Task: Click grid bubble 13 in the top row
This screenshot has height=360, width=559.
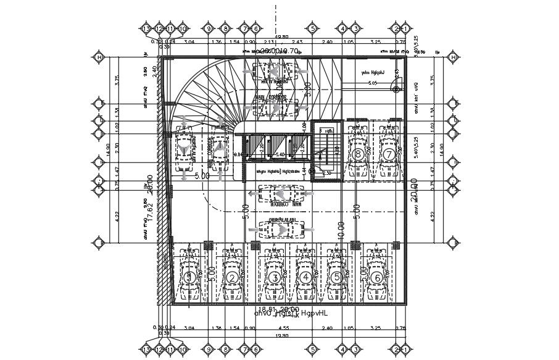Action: pyautogui.click(x=146, y=28)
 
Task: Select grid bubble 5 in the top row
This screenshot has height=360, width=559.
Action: pyautogui.click(x=313, y=28)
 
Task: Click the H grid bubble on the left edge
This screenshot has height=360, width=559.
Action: pyautogui.click(x=99, y=57)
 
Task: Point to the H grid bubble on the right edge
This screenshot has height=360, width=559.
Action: pyautogui.click(x=453, y=57)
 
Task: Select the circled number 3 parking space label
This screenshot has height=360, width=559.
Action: pyautogui.click(x=273, y=278)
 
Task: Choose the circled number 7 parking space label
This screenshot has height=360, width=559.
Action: pyautogui.click(x=388, y=154)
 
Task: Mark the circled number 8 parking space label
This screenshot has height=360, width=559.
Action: pyautogui.click(x=358, y=154)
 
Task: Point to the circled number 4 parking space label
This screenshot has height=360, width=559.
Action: pyautogui.click(x=306, y=278)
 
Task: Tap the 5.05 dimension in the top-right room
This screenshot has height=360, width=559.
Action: pyautogui.click(x=373, y=82)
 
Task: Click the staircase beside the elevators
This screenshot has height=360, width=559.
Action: pyautogui.click(x=325, y=151)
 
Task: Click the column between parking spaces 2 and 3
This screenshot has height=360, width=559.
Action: pyautogui.click(x=252, y=246)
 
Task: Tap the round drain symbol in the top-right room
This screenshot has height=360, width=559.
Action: pyautogui.click(x=395, y=90)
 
